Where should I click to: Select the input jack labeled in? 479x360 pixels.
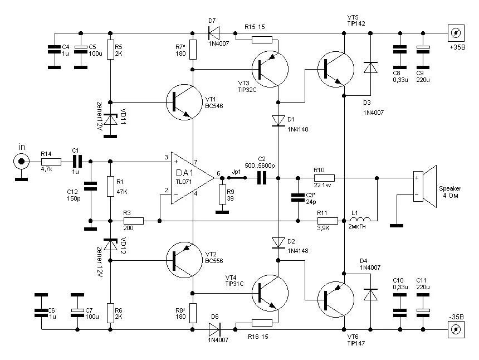point(22,162)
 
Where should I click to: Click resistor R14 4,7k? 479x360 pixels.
point(49,162)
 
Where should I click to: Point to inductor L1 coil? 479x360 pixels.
point(361,221)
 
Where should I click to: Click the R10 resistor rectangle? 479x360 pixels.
point(324,178)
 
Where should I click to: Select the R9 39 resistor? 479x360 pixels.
point(222,195)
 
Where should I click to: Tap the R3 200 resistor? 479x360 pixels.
point(134,221)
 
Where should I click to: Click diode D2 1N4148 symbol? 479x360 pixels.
point(278,242)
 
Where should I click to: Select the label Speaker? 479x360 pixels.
point(451,188)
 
